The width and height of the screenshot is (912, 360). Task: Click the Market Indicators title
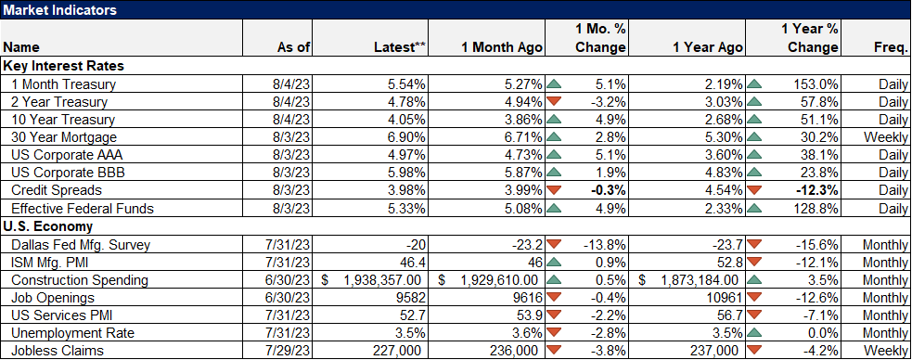click(x=58, y=9)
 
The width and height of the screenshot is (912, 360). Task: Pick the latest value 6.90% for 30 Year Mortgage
click(x=406, y=136)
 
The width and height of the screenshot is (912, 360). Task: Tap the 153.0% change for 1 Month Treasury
click(x=815, y=84)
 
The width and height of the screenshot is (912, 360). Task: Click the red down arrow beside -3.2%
click(x=555, y=102)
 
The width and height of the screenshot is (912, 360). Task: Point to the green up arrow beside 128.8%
click(x=756, y=209)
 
